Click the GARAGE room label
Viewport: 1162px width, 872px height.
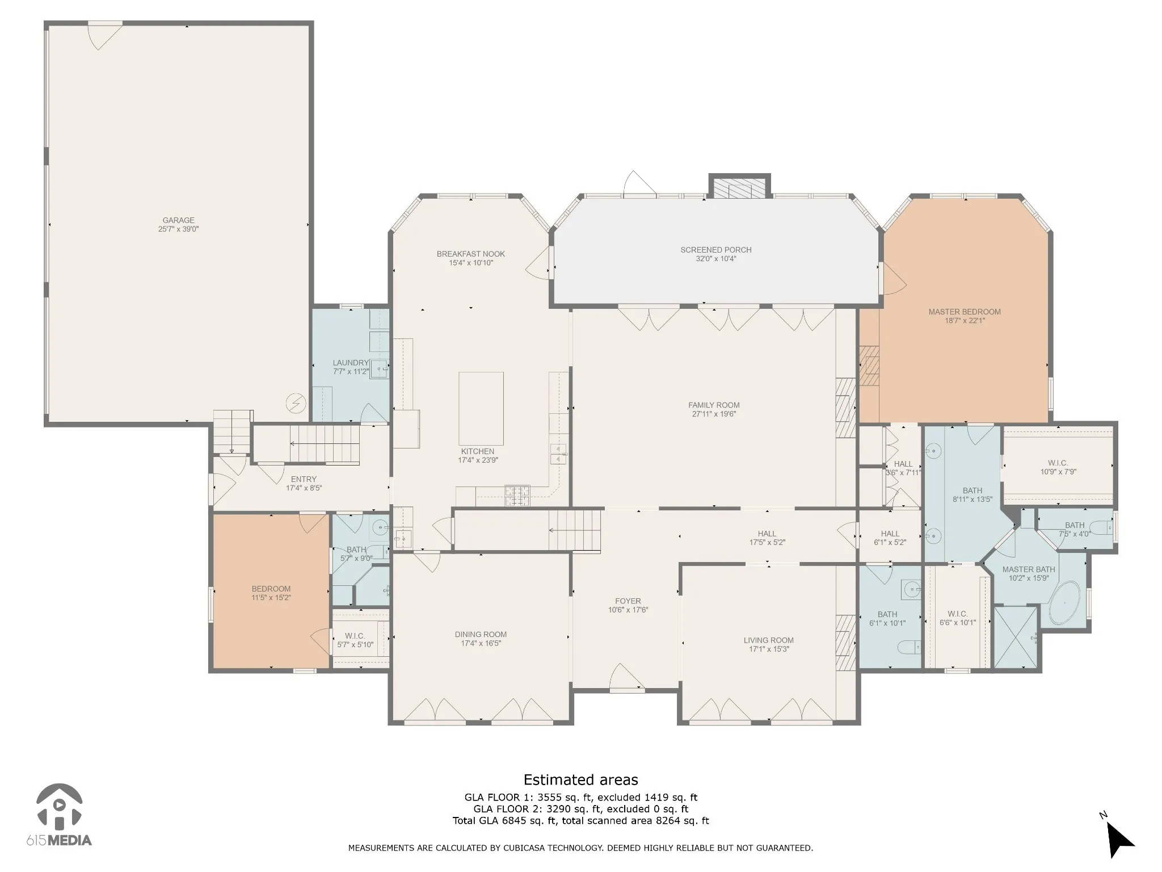(179, 220)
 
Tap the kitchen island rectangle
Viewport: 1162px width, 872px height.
(481, 409)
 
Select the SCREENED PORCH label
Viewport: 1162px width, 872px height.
(716, 250)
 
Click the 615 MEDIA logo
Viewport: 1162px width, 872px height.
(59, 815)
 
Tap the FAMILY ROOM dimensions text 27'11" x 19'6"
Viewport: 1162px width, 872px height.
(714, 414)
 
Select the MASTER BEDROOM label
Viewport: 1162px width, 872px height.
(965, 312)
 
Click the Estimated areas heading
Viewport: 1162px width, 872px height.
(580, 780)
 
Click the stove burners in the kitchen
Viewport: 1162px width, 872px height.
(517, 495)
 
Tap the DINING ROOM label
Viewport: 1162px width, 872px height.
(481, 635)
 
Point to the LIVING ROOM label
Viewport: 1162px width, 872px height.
(769, 640)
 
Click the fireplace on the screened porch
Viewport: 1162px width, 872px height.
(739, 188)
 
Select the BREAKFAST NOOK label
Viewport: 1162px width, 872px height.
(471, 254)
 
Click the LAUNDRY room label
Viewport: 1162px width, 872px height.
(351, 363)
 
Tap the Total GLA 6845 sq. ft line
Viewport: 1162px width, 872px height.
(580, 820)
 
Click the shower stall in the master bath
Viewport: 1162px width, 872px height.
(1016, 636)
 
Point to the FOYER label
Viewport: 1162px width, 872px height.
(628, 601)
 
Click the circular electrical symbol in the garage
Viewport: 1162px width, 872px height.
(296, 404)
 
